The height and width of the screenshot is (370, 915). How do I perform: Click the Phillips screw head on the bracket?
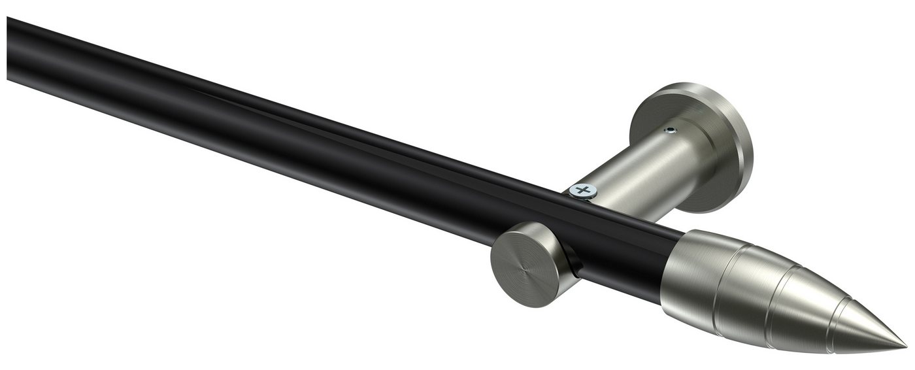583,190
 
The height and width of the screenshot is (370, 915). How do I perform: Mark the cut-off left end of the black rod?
9,49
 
